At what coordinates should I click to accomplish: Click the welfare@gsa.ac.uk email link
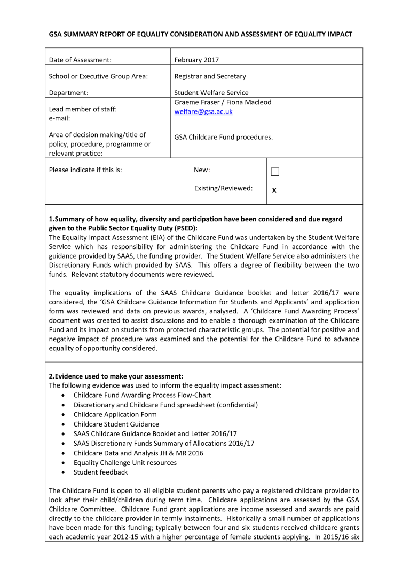pos(203,112)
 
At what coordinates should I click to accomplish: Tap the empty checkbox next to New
pos(275,172)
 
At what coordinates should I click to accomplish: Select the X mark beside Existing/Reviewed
pos(274,190)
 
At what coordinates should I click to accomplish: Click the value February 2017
pos(196,60)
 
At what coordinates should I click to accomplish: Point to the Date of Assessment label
pos(80,60)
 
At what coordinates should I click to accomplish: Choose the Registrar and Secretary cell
pos(210,76)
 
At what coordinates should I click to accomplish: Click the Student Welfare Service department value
pos(211,93)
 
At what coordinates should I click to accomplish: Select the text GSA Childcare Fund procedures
pos(223,137)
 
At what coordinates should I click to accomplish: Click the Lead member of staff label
pos(83,109)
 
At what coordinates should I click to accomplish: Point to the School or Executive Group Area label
pos(98,76)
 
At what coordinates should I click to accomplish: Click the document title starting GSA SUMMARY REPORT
pos(200,34)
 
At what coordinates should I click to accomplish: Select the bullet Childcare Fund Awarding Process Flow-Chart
pos(142,395)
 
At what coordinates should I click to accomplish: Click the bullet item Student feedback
pos(100,472)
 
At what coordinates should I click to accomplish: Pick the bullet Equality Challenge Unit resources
pos(125,462)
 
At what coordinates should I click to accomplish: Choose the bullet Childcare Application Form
pos(115,414)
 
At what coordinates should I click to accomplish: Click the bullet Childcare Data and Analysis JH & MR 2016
pos(138,453)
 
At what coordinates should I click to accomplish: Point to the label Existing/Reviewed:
pos(223,188)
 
